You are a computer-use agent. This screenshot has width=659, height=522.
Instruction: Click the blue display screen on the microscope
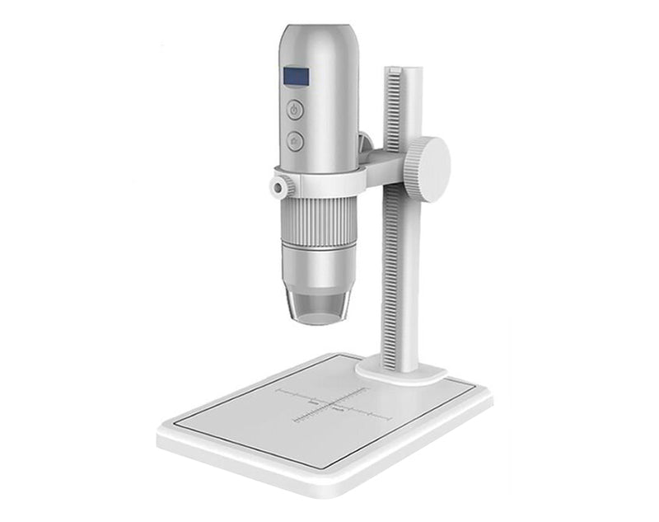(x=297, y=77)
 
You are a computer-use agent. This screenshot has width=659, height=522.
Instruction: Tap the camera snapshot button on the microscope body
(x=295, y=141)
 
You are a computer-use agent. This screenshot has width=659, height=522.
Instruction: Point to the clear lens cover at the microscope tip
(x=317, y=304)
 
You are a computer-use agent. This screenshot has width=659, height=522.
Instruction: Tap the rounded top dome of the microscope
(x=318, y=37)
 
